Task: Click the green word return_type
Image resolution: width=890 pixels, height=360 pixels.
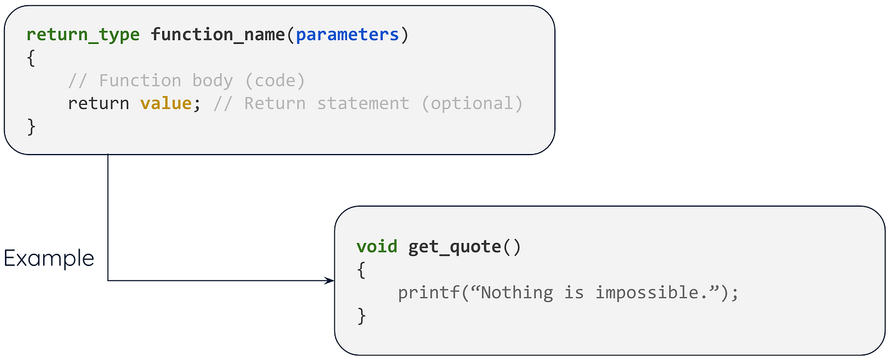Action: click(83, 34)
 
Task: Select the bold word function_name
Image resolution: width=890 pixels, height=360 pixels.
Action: click(218, 34)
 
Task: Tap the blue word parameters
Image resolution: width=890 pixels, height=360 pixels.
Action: click(347, 34)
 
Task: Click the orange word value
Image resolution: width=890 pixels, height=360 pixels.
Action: click(166, 103)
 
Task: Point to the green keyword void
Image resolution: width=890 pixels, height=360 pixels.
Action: click(377, 247)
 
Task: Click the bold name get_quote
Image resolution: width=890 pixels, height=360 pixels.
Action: click(455, 247)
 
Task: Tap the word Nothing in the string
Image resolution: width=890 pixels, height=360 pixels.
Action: click(517, 293)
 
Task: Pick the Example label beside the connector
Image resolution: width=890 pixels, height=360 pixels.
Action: click(49, 258)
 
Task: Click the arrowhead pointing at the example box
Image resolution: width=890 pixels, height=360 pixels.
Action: click(330, 280)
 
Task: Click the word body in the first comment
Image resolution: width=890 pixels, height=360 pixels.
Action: click(212, 80)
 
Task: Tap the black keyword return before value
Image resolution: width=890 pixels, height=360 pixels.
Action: click(99, 103)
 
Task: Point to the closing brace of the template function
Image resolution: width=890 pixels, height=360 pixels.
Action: click(31, 126)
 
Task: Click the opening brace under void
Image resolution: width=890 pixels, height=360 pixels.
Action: click(361, 270)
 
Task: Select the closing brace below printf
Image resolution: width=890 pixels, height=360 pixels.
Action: click(361, 315)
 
